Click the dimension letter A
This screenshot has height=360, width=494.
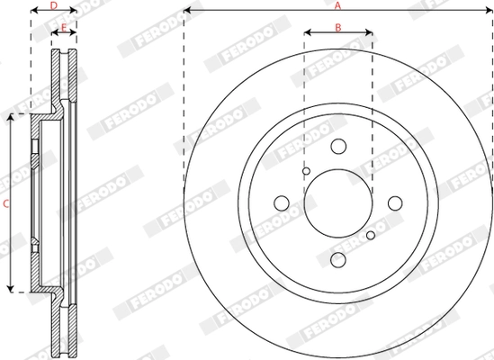337,5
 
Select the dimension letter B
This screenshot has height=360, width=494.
337,27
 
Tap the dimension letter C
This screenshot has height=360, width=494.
5,204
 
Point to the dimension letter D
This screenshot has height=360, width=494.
54,5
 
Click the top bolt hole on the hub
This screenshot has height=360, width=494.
337,147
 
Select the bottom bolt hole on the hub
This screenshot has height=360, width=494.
337,260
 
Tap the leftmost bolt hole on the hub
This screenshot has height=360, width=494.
281,203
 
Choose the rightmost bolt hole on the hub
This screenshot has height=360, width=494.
394,203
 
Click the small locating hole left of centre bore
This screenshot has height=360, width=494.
306,171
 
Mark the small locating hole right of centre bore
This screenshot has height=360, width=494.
370,236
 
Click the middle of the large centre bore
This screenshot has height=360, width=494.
337,203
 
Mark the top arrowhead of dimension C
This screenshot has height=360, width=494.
12,118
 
